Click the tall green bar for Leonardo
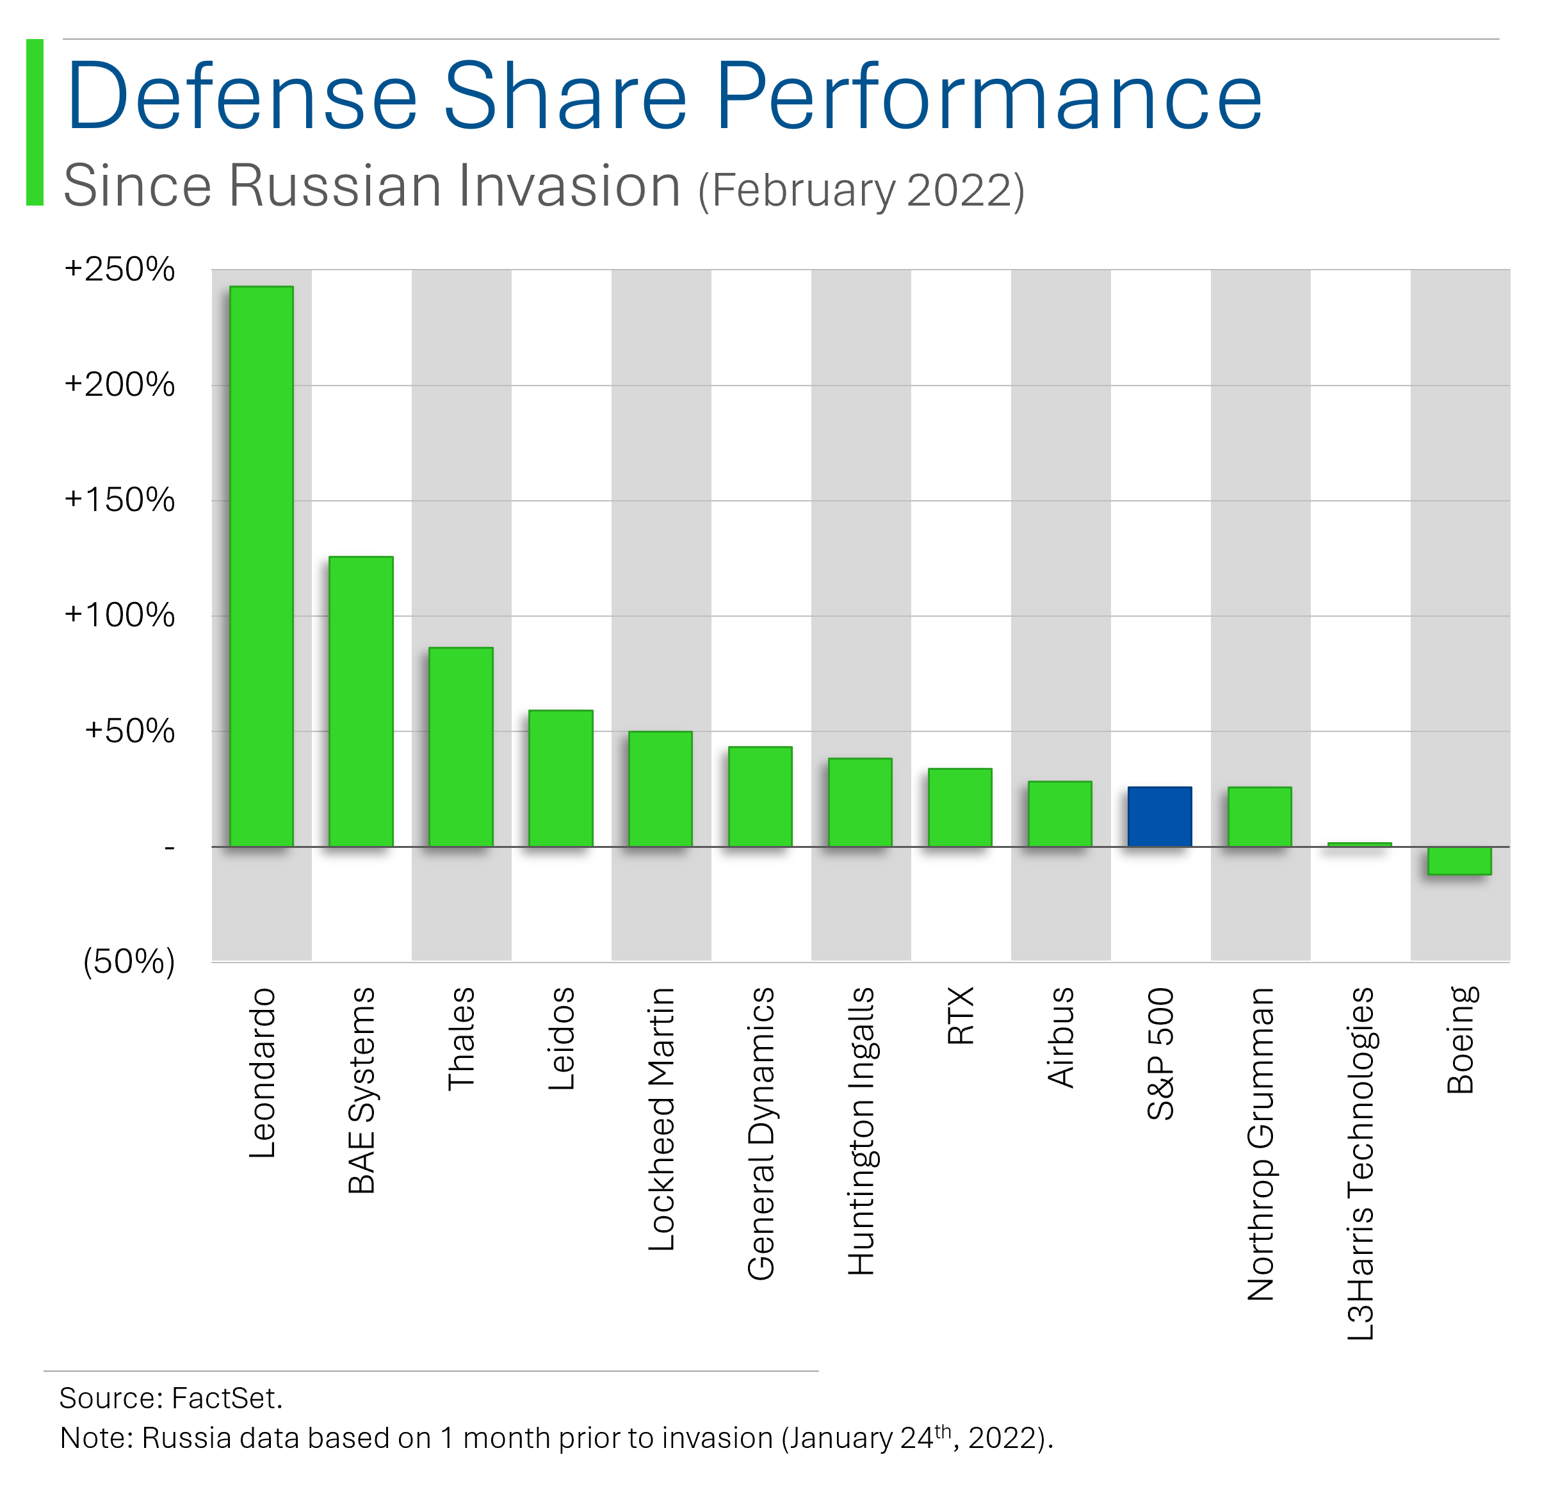click(x=261, y=566)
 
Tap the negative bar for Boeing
click(x=1459, y=860)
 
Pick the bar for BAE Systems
click(x=361, y=701)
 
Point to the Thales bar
click(x=461, y=747)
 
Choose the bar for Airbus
click(x=1059, y=814)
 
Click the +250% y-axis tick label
click(x=120, y=269)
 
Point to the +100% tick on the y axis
click(x=120, y=615)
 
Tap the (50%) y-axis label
click(x=128, y=961)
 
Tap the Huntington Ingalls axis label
click(x=861, y=1130)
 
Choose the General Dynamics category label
click(x=761, y=1134)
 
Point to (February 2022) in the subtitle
click(x=861, y=190)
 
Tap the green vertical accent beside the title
click(x=35, y=122)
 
